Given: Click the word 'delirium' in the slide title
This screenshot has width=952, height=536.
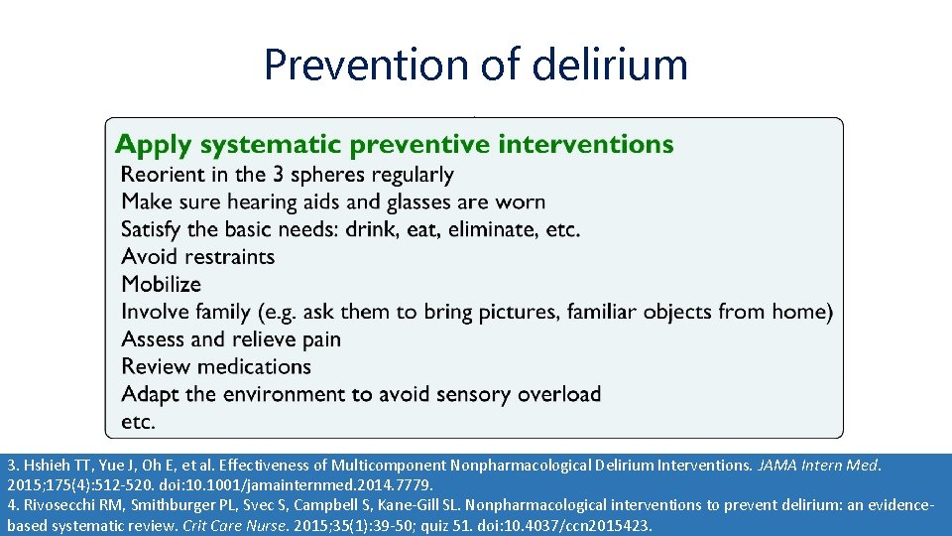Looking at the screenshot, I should click(x=609, y=66).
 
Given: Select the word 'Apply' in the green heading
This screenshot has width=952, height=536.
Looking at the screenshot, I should click(x=154, y=145).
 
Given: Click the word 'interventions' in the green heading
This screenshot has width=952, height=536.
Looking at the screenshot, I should click(x=585, y=145).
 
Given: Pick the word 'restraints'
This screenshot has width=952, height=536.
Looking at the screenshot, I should click(x=229, y=257).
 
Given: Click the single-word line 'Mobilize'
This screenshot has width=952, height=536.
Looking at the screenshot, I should click(x=161, y=285).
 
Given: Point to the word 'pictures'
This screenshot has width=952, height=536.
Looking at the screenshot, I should click(x=527, y=312).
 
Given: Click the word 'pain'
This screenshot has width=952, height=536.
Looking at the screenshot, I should click(x=319, y=339).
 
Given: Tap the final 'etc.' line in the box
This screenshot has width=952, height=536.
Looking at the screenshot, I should click(x=138, y=422).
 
